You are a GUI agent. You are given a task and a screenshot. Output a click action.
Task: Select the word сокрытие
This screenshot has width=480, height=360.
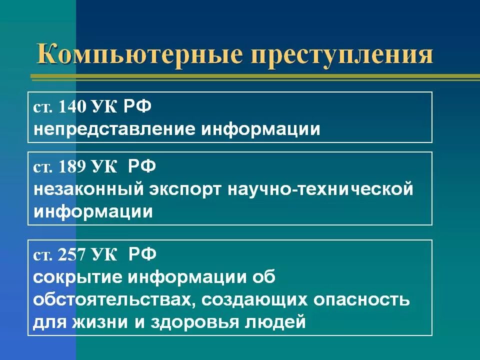click(x=76, y=277)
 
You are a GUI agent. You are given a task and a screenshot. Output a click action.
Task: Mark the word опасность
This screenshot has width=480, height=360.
click(x=361, y=300)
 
